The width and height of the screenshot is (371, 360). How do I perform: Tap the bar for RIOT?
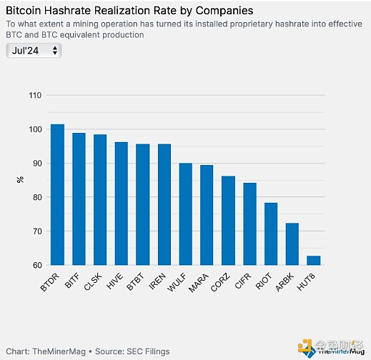point(272,234)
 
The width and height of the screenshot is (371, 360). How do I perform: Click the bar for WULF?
point(186,214)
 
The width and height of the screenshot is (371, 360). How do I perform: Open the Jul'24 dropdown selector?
point(34,51)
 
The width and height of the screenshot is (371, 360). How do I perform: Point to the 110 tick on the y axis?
point(34,95)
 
